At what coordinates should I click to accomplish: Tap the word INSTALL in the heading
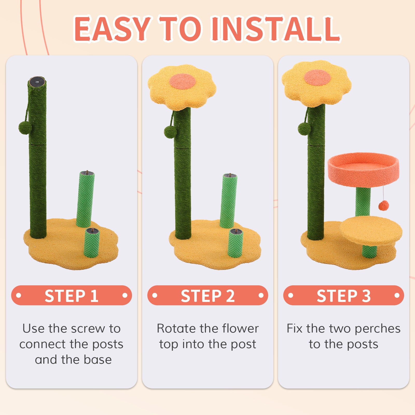pos(275,29)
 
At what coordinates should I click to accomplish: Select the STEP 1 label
pos(71,295)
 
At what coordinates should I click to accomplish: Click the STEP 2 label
pos(208,295)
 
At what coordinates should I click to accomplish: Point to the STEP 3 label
pos(344,295)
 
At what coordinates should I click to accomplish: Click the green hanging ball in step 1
pos(24,127)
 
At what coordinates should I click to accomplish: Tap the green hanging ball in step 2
pos(170,132)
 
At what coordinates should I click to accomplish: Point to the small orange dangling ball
pos(384,205)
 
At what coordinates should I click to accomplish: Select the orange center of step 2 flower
pos(182,81)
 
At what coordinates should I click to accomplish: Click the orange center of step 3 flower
pos(317,77)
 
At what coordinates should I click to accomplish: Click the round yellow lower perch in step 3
pos(371,231)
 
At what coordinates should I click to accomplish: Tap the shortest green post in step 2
pos(235,243)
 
